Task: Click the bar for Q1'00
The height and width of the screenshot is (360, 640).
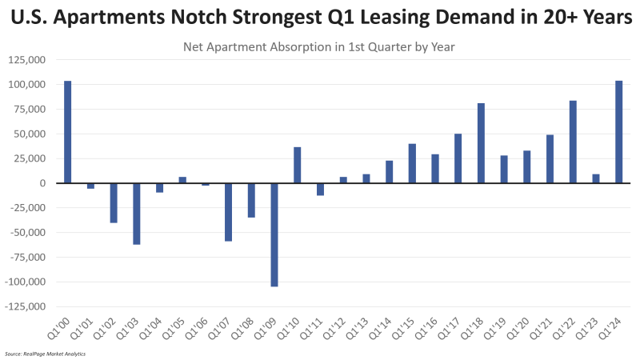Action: point(68,132)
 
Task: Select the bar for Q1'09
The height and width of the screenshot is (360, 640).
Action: point(274,234)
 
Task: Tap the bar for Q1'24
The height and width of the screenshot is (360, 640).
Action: point(619,132)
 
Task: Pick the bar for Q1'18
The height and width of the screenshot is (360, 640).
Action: point(481,143)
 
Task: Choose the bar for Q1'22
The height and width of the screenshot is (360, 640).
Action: point(573,142)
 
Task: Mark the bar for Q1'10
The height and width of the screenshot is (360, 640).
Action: point(298,165)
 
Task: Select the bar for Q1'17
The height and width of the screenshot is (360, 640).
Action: point(458,158)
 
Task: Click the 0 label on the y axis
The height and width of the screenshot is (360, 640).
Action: point(46,183)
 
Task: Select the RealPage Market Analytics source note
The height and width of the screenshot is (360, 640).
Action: point(45,353)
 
